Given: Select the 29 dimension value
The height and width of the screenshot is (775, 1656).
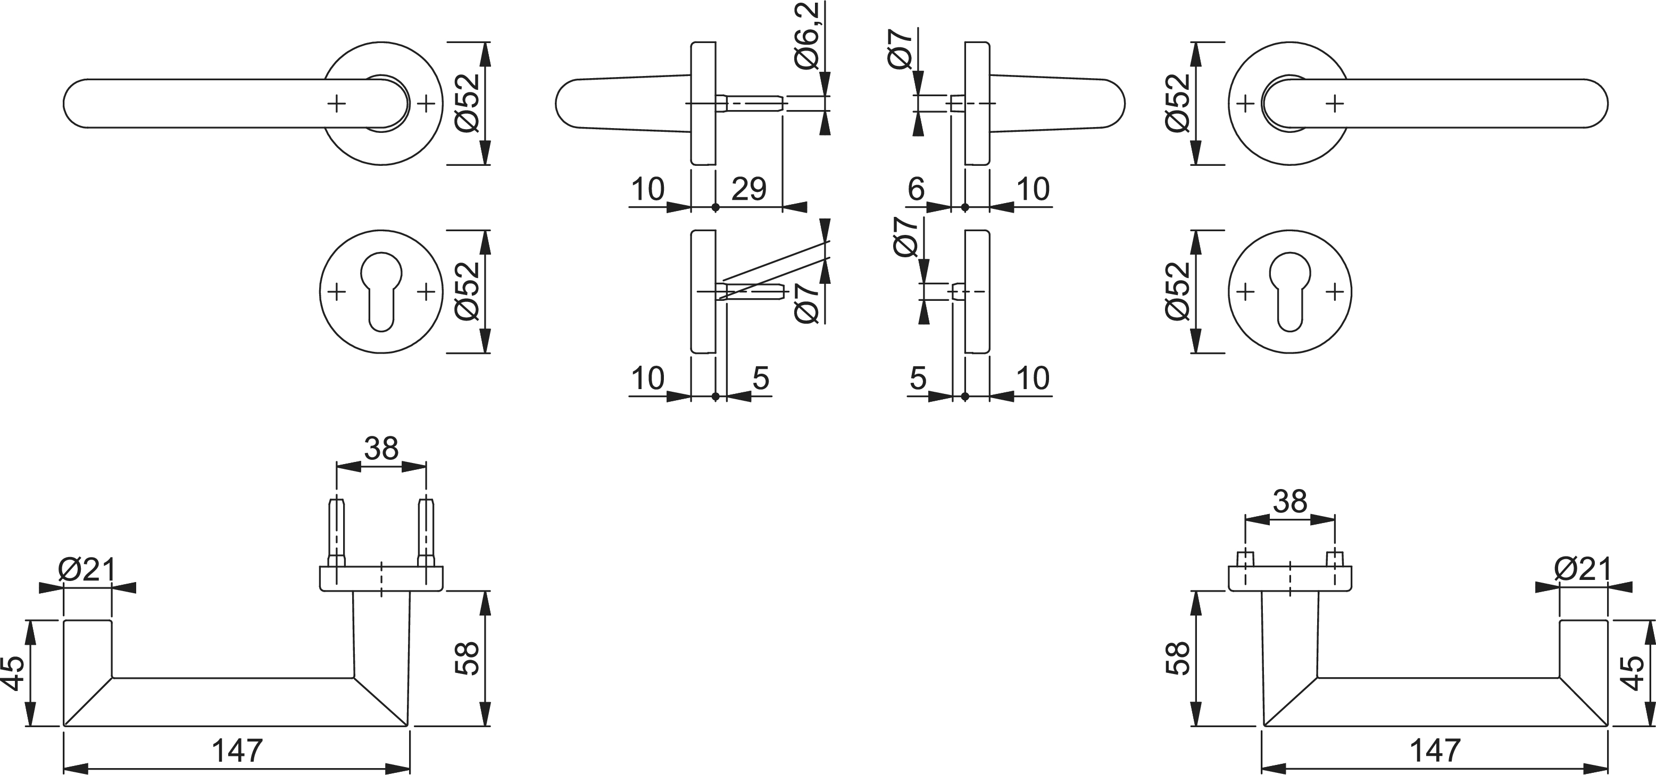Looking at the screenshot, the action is tap(749, 188).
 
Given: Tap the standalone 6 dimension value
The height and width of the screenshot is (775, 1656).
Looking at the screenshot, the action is tap(916, 188).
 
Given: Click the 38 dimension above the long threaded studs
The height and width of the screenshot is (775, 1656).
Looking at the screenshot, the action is tap(381, 448).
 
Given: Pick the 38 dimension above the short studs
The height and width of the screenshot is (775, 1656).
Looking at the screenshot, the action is tap(1290, 501).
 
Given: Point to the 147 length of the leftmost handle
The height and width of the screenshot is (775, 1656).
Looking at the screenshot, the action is tap(237, 750).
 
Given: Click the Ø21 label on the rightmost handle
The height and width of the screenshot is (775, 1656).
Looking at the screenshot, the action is tap(1583, 569).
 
